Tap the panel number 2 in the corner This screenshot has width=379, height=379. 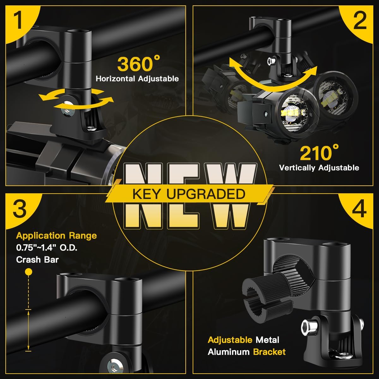click(360, 20)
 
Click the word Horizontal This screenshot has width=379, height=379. click(115, 79)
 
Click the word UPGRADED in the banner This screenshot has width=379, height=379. click(206, 194)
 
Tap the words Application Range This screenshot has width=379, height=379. click(57, 236)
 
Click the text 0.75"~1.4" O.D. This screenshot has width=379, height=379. click(47, 248)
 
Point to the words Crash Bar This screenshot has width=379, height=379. click(37, 260)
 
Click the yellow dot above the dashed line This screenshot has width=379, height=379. click(29, 272)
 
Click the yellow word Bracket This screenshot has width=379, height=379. click(269, 352)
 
